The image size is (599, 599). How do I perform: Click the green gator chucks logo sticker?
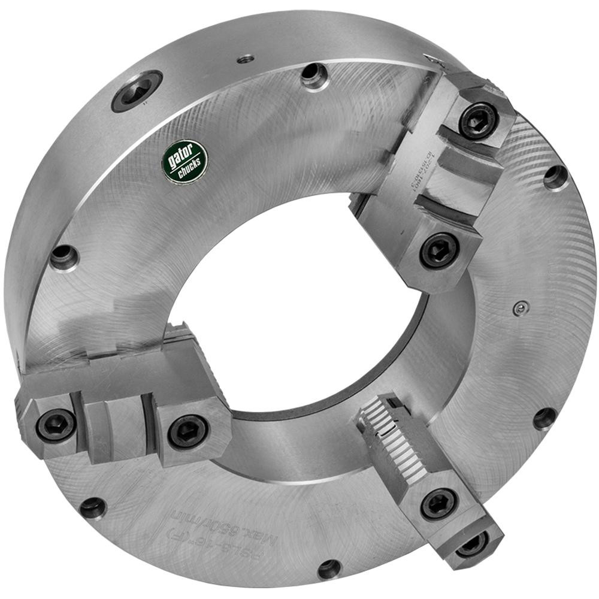pyautogui.click(x=185, y=162)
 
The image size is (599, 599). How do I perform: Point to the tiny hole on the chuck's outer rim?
pyautogui.click(x=246, y=59)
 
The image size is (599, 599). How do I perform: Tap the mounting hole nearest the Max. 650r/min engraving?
pyautogui.click(x=329, y=568)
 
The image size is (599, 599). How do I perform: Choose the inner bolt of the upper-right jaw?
pyautogui.click(x=440, y=250)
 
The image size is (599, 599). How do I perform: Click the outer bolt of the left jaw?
pyautogui.click(x=56, y=425)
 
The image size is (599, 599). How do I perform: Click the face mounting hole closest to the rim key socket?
pyautogui.click(x=314, y=75)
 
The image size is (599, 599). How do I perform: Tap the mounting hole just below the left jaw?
pyautogui.click(x=93, y=507)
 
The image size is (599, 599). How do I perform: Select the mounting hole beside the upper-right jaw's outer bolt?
pyautogui.click(x=555, y=177)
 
